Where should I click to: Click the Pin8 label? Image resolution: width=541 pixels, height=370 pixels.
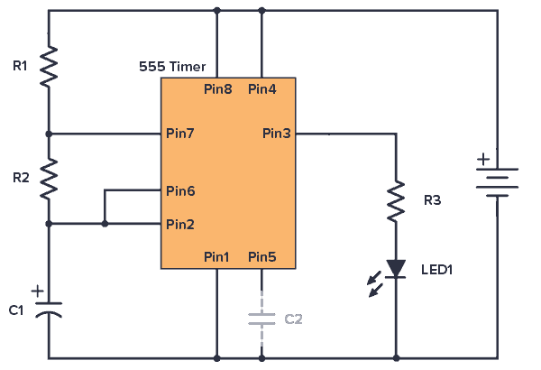[x=217, y=89]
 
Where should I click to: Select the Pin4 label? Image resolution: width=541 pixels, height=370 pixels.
[x=261, y=89]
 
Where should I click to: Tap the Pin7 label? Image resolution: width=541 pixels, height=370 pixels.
[x=179, y=134]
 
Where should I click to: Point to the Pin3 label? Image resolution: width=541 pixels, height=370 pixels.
[x=276, y=134]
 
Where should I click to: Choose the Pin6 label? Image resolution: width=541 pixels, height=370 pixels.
[x=179, y=191]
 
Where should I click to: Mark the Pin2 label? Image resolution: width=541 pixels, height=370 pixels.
[x=179, y=225]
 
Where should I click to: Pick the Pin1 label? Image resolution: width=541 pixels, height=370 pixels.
[x=216, y=257]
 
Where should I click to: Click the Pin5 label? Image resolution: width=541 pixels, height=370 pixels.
[x=261, y=257]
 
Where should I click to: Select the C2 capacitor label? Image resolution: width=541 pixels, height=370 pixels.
[x=293, y=319]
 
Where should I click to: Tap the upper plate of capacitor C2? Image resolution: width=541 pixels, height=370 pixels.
[x=261, y=315]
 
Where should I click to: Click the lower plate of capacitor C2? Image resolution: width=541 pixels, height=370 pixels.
[x=261, y=323]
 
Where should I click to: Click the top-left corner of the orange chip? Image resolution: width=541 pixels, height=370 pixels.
[x=162, y=79]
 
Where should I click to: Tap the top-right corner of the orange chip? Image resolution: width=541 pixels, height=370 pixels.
[x=294, y=79]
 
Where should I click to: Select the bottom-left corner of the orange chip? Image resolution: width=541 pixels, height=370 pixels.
[x=162, y=267]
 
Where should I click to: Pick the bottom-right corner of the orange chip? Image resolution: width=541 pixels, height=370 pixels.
[x=294, y=267]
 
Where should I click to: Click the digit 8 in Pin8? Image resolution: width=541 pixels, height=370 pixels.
[x=228, y=89]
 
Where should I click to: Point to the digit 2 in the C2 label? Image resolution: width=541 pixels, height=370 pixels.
[x=298, y=319]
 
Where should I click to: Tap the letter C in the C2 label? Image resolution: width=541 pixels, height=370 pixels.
[x=289, y=319]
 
